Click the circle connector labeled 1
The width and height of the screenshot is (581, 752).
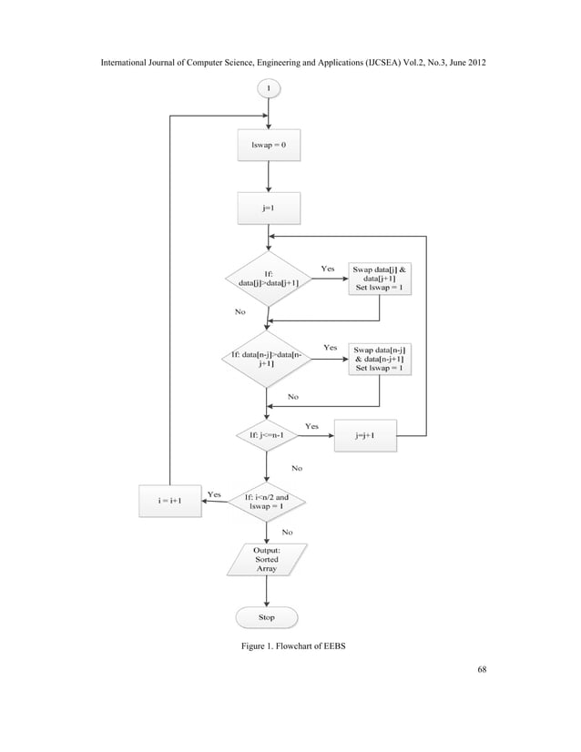click(268, 87)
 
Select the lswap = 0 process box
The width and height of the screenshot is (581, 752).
click(268, 146)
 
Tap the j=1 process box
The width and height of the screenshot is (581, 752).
click(268, 207)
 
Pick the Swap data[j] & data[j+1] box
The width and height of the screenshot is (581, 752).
click(379, 279)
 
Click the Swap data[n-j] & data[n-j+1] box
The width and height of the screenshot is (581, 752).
click(379, 358)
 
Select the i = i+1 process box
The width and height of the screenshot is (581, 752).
click(170, 501)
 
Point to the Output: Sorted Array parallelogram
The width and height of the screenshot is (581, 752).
click(268, 559)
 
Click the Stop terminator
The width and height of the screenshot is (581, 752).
click(268, 617)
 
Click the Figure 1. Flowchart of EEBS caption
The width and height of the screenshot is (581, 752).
click(290, 646)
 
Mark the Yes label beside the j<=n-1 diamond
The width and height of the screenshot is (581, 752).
click(311, 425)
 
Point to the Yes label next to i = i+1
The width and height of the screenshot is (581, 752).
click(215, 493)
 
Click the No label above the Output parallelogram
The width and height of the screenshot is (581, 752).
click(287, 530)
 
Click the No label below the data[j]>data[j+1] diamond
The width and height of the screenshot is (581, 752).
click(240, 310)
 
